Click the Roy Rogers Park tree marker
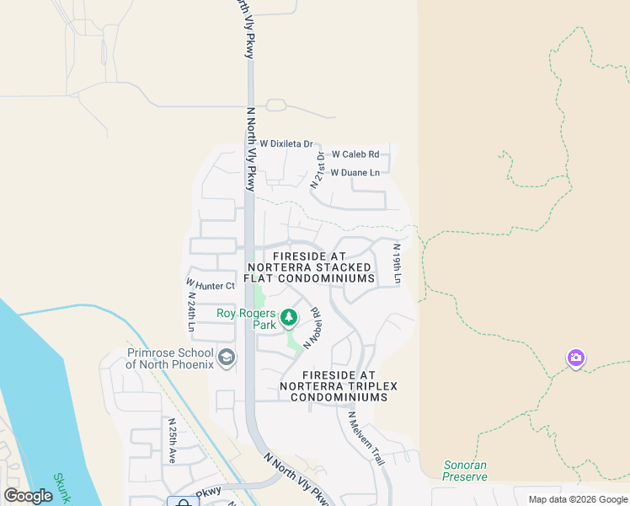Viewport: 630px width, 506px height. coord(289,318)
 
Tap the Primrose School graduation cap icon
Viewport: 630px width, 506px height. coord(226,358)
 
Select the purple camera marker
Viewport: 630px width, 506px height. coord(576,358)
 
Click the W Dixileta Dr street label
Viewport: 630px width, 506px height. coord(286,144)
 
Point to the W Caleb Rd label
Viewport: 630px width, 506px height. coord(355,154)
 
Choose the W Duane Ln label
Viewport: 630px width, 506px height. coord(355,173)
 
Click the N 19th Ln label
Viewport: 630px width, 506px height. coord(397,263)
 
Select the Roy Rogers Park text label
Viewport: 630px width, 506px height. coord(247,319)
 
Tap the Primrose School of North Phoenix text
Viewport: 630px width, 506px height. coord(171,358)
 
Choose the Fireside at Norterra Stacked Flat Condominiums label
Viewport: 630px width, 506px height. coord(309,266)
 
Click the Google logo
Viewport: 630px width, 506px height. coord(29,496)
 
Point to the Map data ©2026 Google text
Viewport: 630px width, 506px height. coord(579,499)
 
